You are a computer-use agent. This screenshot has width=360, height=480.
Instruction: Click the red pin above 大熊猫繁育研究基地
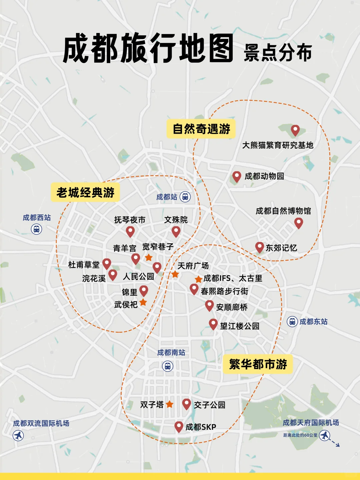pos(295,130)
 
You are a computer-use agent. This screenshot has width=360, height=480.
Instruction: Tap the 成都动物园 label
pos(264,176)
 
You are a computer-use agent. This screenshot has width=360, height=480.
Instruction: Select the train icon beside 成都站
pos(185,197)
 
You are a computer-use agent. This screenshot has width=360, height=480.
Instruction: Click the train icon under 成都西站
pos(36,229)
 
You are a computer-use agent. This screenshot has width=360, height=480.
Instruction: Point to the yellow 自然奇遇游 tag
pos(201,129)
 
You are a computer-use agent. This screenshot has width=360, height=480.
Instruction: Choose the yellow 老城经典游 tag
pos(85,192)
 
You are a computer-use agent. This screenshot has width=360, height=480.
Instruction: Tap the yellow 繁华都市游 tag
pos(258,364)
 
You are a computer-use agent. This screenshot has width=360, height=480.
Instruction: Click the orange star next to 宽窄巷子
pos(149,257)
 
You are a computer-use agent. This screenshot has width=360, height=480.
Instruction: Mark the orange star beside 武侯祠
pos(143,302)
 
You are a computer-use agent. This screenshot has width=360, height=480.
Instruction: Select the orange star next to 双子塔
pos(169,404)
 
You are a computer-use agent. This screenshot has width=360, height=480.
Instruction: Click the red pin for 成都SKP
pos(179,426)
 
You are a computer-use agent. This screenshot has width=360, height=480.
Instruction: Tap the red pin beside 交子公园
pos(186,404)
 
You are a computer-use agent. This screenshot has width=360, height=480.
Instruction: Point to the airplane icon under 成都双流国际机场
pos(18,435)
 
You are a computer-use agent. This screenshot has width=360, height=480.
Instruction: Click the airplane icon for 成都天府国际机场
pos(325,435)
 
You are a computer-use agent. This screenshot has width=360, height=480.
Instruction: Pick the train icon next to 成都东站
pos(292,321)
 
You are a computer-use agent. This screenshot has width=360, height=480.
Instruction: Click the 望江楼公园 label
pos(240,326)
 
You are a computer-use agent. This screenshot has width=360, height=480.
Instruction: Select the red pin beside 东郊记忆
pos(259,247)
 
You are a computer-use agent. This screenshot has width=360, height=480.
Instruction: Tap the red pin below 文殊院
pos(176,231)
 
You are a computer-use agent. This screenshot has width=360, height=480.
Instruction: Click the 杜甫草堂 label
pos(84,265)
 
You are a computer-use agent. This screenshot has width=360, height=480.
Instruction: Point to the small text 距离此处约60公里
pos(300,435)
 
